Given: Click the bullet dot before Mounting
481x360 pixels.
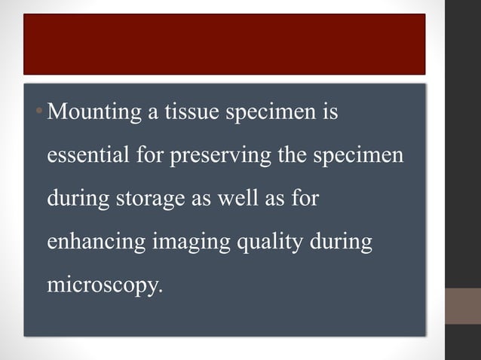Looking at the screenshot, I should [x=41, y=115].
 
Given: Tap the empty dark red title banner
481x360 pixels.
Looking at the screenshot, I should [x=224, y=44].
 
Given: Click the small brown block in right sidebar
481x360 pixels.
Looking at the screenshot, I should [x=462, y=306].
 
